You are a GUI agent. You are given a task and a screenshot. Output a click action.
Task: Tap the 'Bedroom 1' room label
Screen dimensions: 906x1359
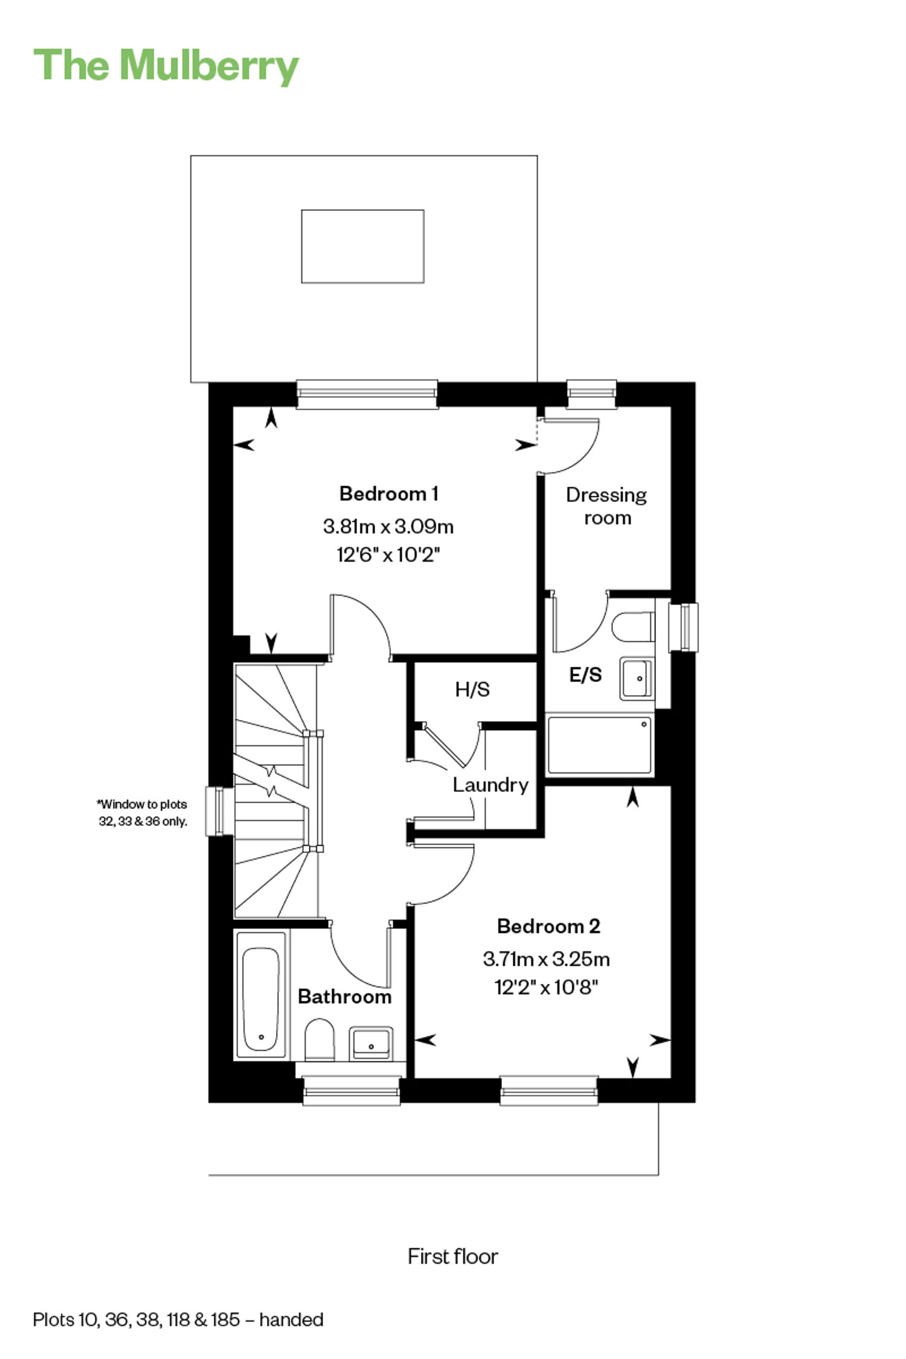388,493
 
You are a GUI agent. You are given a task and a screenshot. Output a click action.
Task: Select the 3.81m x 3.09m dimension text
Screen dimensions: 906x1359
388,526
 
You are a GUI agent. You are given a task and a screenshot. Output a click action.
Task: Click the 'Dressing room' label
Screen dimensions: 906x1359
606,506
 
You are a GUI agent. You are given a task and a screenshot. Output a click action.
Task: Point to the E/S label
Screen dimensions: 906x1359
585,674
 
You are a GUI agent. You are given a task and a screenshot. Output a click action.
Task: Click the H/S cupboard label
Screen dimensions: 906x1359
472,689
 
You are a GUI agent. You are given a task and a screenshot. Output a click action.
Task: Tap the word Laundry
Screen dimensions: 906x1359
490,785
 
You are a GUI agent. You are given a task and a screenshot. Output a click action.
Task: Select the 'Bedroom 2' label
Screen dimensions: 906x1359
548,926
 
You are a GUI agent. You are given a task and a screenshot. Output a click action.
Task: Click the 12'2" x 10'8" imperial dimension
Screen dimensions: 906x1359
546,987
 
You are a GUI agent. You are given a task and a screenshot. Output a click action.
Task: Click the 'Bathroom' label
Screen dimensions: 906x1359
344,996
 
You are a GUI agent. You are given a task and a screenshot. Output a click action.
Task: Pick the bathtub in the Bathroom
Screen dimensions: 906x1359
261,995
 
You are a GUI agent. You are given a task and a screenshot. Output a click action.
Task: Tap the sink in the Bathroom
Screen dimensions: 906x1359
371,1043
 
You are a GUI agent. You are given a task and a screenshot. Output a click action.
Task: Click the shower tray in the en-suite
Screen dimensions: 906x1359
599,745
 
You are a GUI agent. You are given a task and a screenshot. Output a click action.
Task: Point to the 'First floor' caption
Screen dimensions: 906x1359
453,1256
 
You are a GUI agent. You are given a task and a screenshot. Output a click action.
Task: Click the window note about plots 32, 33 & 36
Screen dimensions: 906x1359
143,812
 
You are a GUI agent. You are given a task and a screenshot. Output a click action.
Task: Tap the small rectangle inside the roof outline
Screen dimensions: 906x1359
363,246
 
